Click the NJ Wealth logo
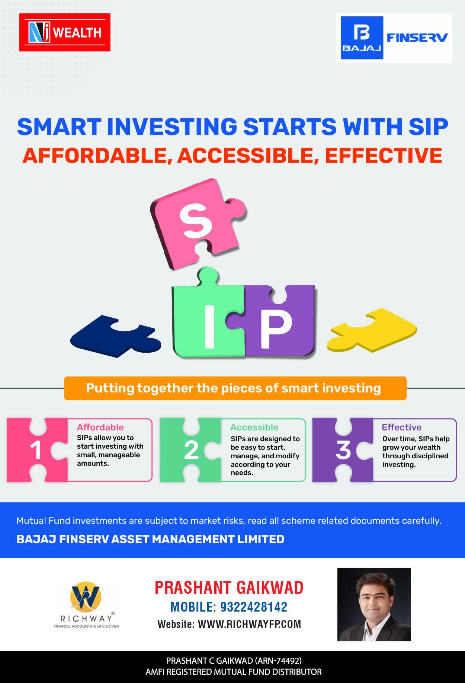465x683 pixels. tap(65, 32)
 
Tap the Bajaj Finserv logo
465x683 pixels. tap(394, 38)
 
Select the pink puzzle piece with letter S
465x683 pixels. tap(198, 223)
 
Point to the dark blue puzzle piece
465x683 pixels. tap(115, 336)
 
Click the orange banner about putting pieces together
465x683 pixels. tap(235, 388)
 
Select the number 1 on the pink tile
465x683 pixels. tap(36, 450)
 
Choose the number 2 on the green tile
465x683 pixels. tap(191, 450)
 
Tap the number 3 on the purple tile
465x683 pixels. tap(343, 450)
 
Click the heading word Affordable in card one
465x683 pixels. tap(100, 427)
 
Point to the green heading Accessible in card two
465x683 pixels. tap(254, 427)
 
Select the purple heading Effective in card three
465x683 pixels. tap(402, 427)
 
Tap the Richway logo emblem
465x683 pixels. tap(86, 597)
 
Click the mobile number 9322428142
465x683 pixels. tap(254, 607)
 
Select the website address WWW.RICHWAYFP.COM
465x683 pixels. tap(250, 624)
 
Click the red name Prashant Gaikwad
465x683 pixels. tap(229, 588)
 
